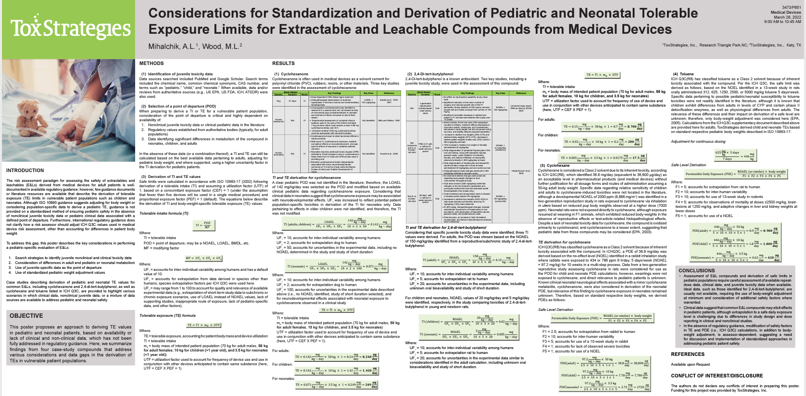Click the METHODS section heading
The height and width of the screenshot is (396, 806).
(151, 64)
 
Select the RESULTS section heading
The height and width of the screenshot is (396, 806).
(284, 64)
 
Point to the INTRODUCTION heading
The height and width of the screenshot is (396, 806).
(25, 170)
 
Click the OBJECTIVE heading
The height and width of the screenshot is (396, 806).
(26, 316)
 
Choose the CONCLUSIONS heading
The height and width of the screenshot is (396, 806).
(696, 270)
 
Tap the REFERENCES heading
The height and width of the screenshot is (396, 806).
(687, 354)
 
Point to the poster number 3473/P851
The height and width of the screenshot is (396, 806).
(792, 8)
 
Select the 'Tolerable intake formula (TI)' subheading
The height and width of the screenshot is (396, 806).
(164, 214)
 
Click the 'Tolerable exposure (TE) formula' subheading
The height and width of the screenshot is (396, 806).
(167, 316)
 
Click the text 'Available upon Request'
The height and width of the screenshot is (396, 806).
(690, 364)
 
